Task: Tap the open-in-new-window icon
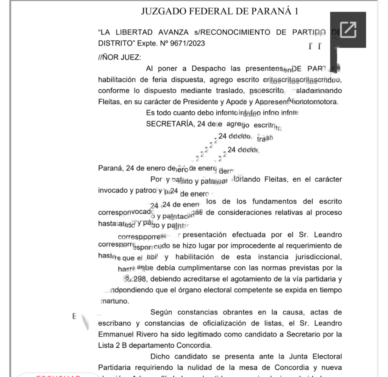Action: tap(348, 30)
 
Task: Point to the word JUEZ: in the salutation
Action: tap(130, 57)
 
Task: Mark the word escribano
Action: tap(114, 324)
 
